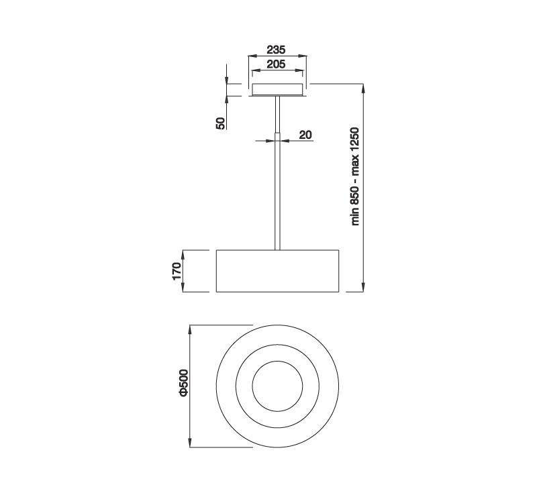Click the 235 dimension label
(x=276, y=50)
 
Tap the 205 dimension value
(x=276, y=64)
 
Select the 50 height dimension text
(x=221, y=123)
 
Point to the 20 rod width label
(x=306, y=135)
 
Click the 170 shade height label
(x=177, y=271)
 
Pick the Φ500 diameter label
(x=184, y=383)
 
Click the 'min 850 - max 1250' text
(x=355, y=176)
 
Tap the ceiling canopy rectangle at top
(x=277, y=89)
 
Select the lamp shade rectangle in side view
(x=277, y=271)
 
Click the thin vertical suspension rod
(x=277, y=173)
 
